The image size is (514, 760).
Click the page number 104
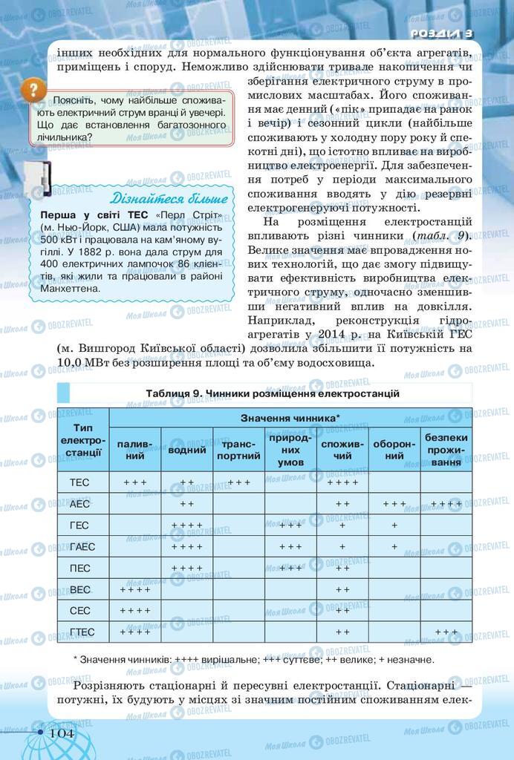[62, 733]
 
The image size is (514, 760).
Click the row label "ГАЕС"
[82, 547]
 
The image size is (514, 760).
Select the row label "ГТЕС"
[82, 632]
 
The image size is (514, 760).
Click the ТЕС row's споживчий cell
[342, 482]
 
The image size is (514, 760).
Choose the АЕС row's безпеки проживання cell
[446, 504]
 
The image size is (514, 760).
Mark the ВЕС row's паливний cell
[135, 589]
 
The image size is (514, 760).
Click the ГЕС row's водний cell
[187, 525]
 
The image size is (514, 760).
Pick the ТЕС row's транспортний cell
[238, 482]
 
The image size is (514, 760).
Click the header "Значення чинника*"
[290, 419]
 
